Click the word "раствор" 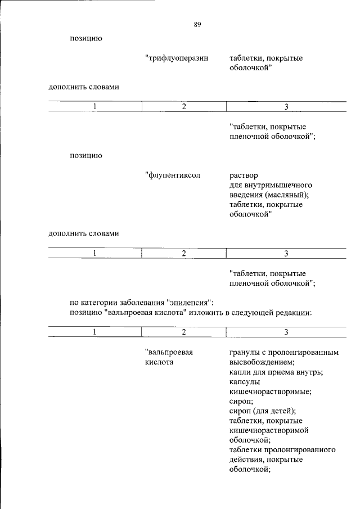click(x=244, y=175)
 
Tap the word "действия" click(x=245, y=460)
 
